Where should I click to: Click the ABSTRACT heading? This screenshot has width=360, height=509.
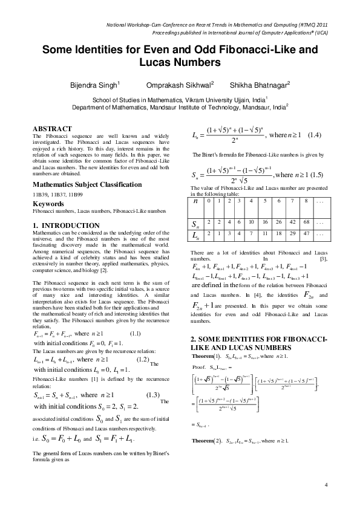[52, 129]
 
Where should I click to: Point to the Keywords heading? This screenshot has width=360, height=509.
[48, 204]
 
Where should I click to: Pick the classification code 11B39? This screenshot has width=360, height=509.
[39, 195]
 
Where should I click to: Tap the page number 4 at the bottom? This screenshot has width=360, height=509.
[326, 485]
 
